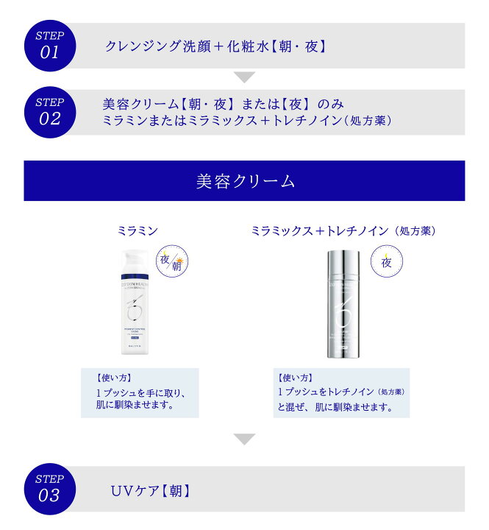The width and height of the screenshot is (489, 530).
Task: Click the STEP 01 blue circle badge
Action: [x=49, y=45]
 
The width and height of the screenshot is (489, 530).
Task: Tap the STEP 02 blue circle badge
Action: [x=49, y=112]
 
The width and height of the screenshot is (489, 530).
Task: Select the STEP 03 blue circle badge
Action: [x=49, y=488]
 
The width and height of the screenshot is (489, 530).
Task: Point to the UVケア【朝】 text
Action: [x=151, y=490]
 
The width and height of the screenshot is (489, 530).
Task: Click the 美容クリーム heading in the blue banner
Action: [x=245, y=181]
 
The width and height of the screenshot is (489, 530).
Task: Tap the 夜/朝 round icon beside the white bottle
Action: [x=171, y=261]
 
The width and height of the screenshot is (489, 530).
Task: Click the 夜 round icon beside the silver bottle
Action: [x=385, y=261]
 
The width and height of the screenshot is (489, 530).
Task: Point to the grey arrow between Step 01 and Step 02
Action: [x=245, y=77]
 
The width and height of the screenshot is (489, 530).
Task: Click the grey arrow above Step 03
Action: [x=245, y=439]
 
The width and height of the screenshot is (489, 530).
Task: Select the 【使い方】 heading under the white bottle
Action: [x=114, y=378]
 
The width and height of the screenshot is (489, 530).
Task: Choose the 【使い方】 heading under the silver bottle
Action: [x=294, y=378]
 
